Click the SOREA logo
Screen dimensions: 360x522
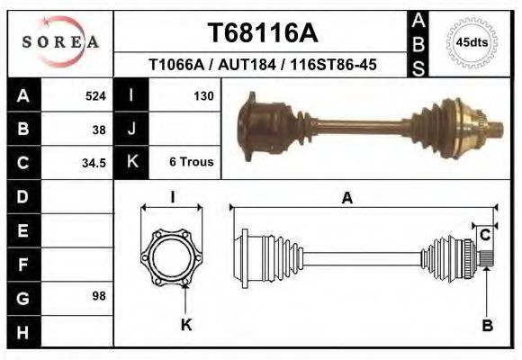60,42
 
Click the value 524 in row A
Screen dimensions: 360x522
95,95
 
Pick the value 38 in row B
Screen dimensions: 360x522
99,129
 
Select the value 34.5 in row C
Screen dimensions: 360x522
94,163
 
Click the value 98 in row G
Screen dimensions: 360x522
99,296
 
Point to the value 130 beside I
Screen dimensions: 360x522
202,95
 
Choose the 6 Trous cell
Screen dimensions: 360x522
191,163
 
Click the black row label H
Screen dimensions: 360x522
22,330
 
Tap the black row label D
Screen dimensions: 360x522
22,196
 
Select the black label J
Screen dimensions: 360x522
131,129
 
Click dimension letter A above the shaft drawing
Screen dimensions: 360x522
346,200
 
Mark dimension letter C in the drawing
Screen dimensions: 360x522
485,235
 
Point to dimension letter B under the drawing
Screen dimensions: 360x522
487,326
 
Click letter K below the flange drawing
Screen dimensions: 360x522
186,325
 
